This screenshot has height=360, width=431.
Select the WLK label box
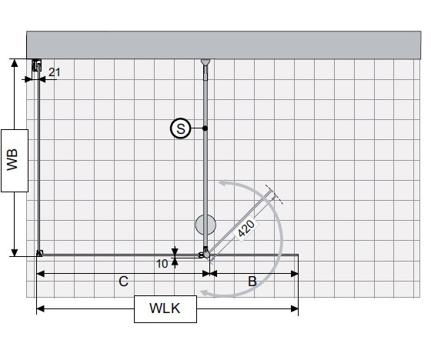(165, 310)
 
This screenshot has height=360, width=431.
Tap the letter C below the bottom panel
(123, 282)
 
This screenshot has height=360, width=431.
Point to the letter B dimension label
(252, 282)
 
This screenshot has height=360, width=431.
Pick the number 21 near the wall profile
(54, 72)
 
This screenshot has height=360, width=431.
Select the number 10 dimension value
(162, 263)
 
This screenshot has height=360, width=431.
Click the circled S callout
(180, 128)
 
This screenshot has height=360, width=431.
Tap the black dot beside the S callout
(205, 128)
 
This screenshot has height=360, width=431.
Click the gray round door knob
(205, 225)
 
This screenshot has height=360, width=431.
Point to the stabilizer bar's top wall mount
(205, 63)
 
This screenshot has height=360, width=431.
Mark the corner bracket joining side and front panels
(39, 253)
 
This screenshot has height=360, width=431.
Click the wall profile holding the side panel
(35, 70)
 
